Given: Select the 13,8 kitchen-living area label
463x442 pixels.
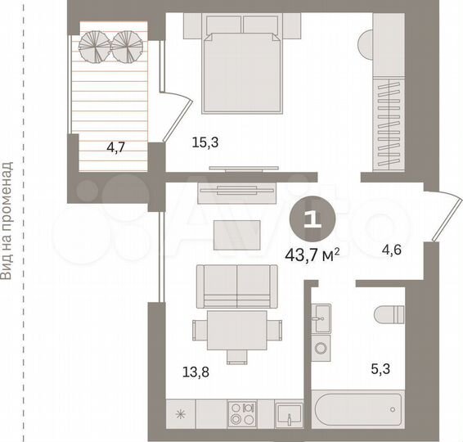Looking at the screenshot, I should pyautogui.click(x=195, y=372).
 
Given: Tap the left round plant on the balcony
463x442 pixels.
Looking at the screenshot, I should pyautogui.click(x=92, y=46).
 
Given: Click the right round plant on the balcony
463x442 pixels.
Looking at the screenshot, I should pyautogui.click(x=127, y=46).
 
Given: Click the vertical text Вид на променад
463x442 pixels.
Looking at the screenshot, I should pyautogui.click(x=7, y=221).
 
